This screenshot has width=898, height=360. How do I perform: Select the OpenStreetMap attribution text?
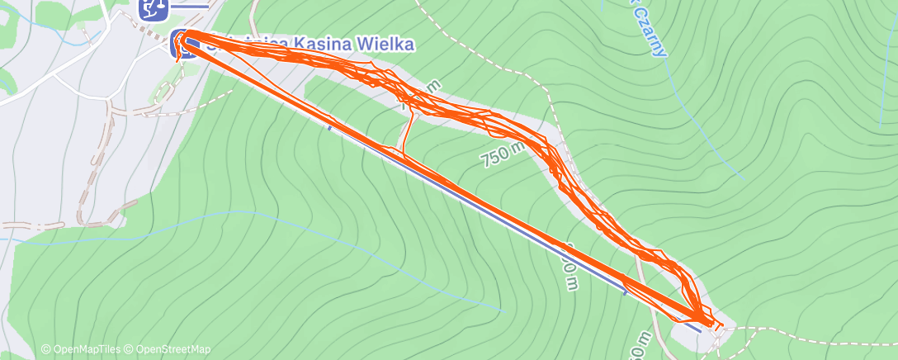click(169, 349)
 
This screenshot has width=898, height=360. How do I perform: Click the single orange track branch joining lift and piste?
click(407, 132)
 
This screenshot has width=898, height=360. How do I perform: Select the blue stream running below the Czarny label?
click(702, 124)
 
